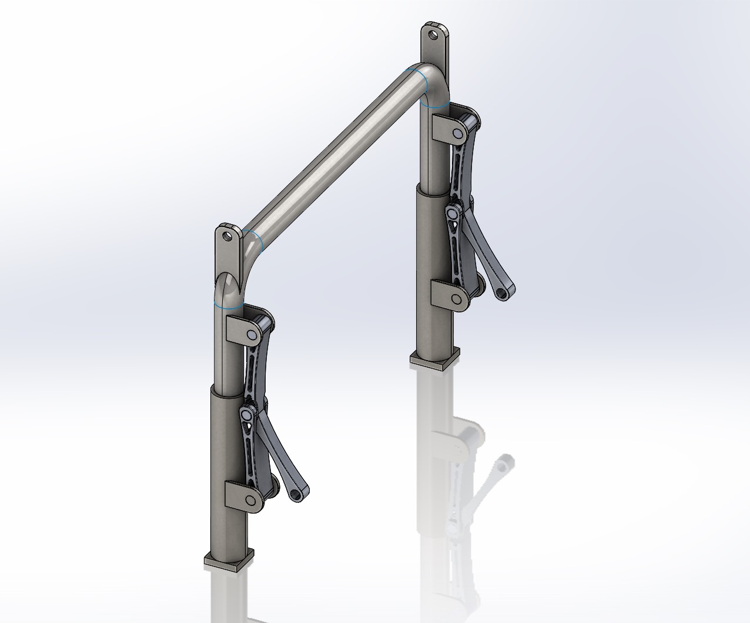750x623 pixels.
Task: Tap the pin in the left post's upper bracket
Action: pyautogui.click(x=252, y=335)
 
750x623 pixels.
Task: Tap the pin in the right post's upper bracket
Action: pyautogui.click(x=456, y=135)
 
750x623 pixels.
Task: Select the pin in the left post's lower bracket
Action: pyautogui.click(x=252, y=500)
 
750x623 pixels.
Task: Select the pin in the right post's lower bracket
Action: pyautogui.click(x=456, y=299)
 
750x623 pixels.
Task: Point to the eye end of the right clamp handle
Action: pyautogui.click(x=504, y=291)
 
